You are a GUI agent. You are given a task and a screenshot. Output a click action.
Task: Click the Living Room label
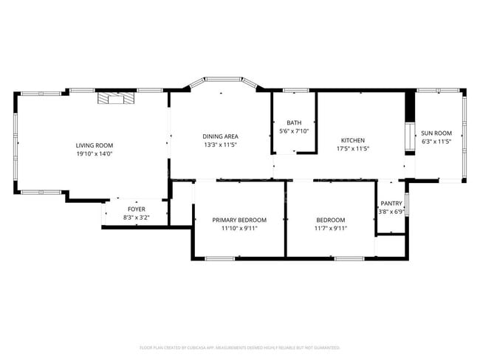coord(94,145)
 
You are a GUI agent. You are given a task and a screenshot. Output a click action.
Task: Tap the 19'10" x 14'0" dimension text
coord(94,154)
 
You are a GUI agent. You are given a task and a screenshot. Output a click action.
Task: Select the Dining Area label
coord(220,136)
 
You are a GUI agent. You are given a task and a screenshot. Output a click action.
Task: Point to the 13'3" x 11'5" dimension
coord(220,145)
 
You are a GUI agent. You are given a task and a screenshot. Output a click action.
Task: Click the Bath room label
coord(294,122)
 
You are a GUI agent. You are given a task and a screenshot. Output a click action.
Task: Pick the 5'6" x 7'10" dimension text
coord(294,131)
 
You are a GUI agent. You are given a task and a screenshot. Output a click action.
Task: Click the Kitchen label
coord(352,140)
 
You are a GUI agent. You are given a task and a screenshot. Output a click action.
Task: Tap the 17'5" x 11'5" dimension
coord(352,149)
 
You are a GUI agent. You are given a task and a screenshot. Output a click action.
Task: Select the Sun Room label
coord(436,133)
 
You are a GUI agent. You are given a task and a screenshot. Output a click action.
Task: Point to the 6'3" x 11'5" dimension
coord(436,142)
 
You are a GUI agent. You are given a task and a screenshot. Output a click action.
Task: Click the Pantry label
coord(390,204)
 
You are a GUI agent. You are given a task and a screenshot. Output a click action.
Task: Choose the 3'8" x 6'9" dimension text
coord(390,212)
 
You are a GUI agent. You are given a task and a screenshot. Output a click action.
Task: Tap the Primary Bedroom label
coord(239,220)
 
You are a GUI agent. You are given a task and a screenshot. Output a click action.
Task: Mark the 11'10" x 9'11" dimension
coord(239,229)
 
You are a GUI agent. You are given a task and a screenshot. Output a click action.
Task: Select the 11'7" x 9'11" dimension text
coord(331,229)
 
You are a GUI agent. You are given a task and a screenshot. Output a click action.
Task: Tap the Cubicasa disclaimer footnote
coord(239,347)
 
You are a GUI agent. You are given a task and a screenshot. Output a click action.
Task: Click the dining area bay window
coord(220,83)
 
